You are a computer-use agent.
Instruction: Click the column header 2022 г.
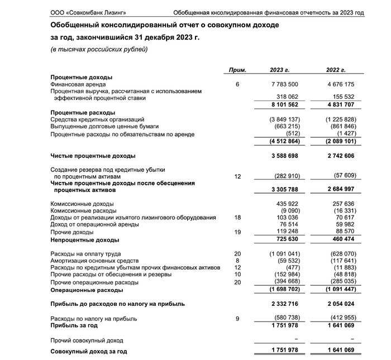336,70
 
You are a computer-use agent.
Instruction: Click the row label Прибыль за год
75,325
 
